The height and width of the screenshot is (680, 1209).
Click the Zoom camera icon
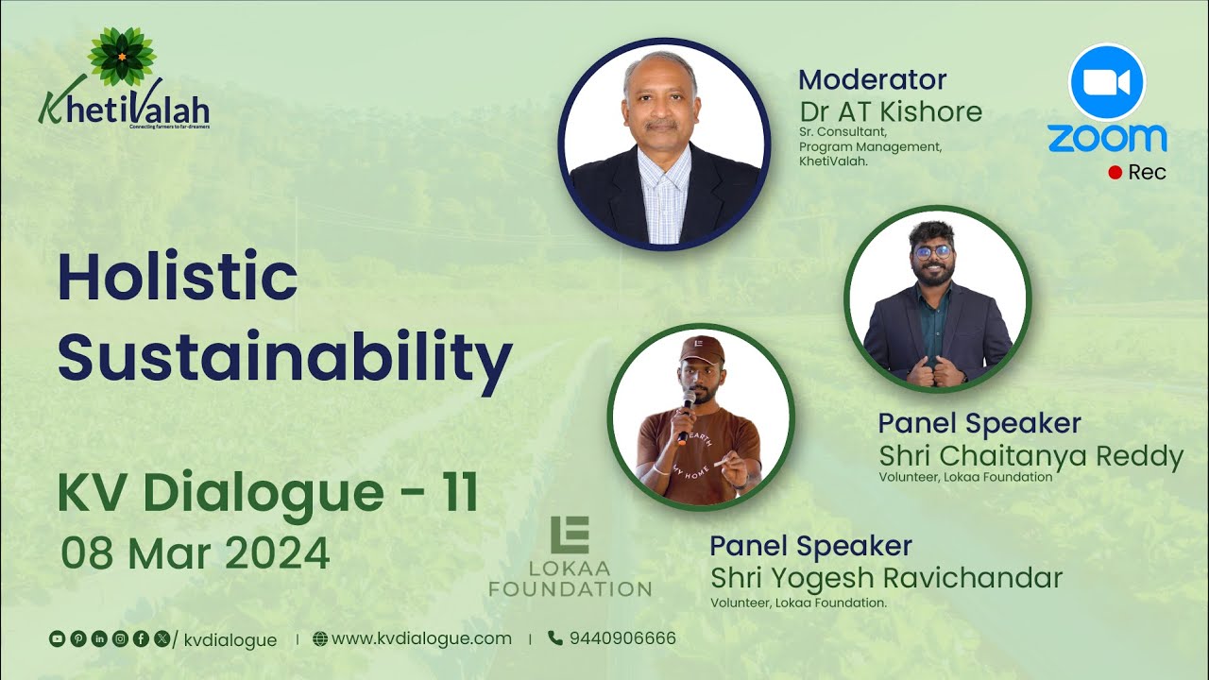pyautogui.click(x=1106, y=82)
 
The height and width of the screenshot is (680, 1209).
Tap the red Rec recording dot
pyautogui.click(x=1115, y=173)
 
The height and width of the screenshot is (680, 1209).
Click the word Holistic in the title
pyautogui.click(x=178, y=278)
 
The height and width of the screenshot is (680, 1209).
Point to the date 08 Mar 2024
pyautogui.click(x=196, y=552)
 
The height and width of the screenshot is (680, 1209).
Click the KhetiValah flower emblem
pyautogui.click(x=121, y=56)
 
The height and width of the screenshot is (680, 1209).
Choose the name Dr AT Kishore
pyautogui.click(x=891, y=111)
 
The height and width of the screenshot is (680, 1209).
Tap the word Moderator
pyautogui.click(x=872, y=79)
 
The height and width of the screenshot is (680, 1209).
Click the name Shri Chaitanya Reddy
pyautogui.click(x=1030, y=456)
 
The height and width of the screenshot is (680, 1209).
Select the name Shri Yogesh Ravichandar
pyautogui.click(x=886, y=577)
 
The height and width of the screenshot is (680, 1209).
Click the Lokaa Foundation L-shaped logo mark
pyautogui.click(x=570, y=535)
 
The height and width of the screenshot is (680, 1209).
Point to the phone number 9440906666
pyautogui.click(x=622, y=638)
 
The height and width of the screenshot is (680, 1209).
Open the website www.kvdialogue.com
pyautogui.click(x=421, y=638)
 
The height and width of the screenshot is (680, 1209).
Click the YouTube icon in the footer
pyautogui.click(x=57, y=639)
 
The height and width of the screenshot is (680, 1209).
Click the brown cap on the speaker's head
pyautogui.click(x=702, y=350)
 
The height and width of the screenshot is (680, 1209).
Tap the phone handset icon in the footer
pyautogui.click(x=554, y=638)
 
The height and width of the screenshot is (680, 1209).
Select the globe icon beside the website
pyautogui.click(x=320, y=638)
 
